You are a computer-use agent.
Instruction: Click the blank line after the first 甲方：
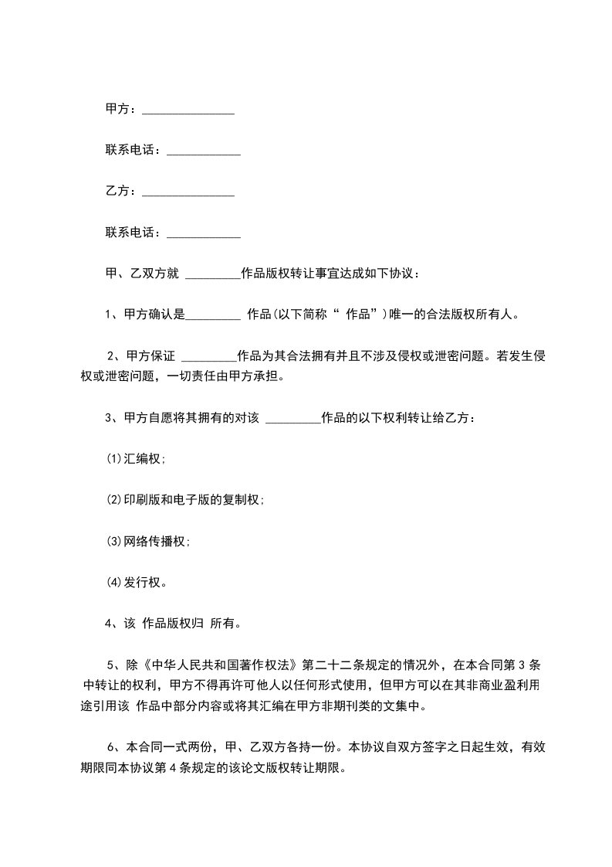tap(188, 111)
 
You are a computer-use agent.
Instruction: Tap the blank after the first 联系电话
tap(204, 151)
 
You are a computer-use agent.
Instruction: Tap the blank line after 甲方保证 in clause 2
tap(208, 357)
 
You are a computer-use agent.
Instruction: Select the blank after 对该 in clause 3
tap(292, 420)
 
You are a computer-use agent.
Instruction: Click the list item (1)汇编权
tap(135, 459)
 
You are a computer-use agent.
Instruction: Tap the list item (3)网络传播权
tap(147, 541)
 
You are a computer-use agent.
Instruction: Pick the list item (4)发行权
tap(136, 582)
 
